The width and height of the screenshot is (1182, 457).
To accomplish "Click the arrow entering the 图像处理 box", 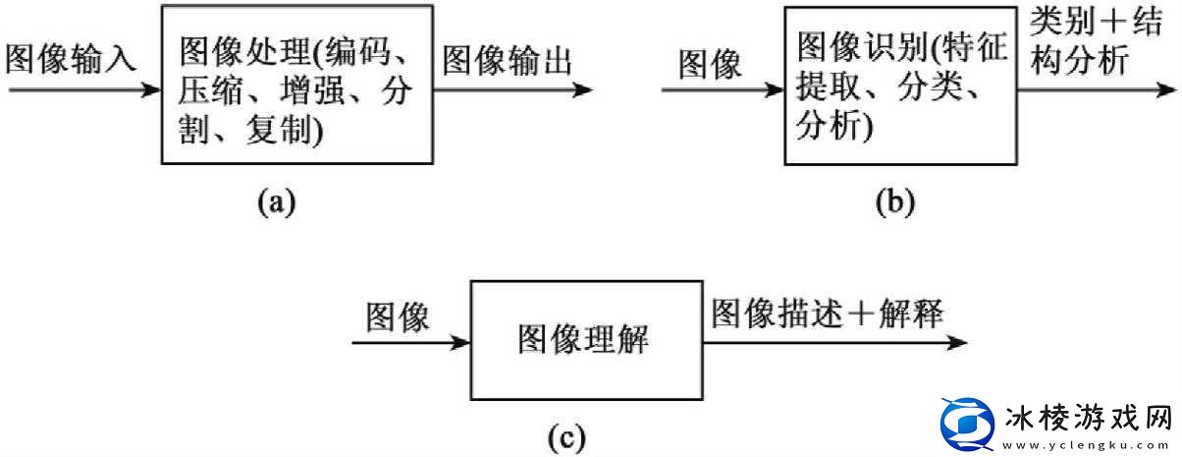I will click(82, 90).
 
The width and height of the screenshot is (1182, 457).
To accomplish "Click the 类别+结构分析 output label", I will click(1090, 44).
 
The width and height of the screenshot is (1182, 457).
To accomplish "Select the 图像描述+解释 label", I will click(827, 314).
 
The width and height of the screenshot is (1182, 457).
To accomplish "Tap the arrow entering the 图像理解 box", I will click(411, 343).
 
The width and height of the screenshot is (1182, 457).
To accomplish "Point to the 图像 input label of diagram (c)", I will click(398, 316).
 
